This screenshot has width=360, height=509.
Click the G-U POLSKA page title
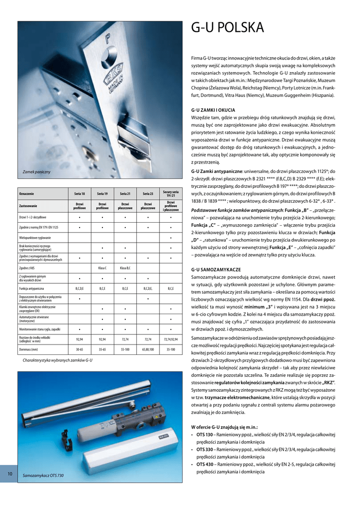pyautogui.click(x=227, y=27)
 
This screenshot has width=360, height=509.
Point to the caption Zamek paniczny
pyautogui.click(x=37, y=172)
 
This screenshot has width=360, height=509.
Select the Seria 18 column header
pyautogui.click(x=80, y=193)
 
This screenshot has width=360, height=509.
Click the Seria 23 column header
pyautogui.click(x=148, y=193)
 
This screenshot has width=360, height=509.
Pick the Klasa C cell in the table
pyautogui.click(x=102, y=268)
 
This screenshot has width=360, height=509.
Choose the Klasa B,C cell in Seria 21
pyautogui.click(x=125, y=268)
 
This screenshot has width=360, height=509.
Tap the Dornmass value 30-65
pyautogui.click(x=80, y=349)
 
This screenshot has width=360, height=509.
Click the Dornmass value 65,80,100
pyautogui.click(x=148, y=349)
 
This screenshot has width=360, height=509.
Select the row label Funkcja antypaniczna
pyautogui.click(x=32, y=288)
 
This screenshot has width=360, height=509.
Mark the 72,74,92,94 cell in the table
pyautogui.click(x=171, y=339)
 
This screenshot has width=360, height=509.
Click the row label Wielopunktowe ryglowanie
pyautogui.click(x=35, y=238)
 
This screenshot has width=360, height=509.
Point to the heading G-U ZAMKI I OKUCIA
pyautogui.click(x=213, y=110)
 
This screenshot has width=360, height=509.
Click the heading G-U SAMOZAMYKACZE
pyautogui.click(x=216, y=269)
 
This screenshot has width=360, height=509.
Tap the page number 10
pyautogui.click(x=9, y=474)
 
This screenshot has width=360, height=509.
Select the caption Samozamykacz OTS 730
pyautogui.click(x=43, y=476)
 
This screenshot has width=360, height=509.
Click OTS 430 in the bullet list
pyautogui.click(x=204, y=464)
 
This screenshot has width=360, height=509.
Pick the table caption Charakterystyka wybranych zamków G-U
pyautogui.click(x=57, y=359)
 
